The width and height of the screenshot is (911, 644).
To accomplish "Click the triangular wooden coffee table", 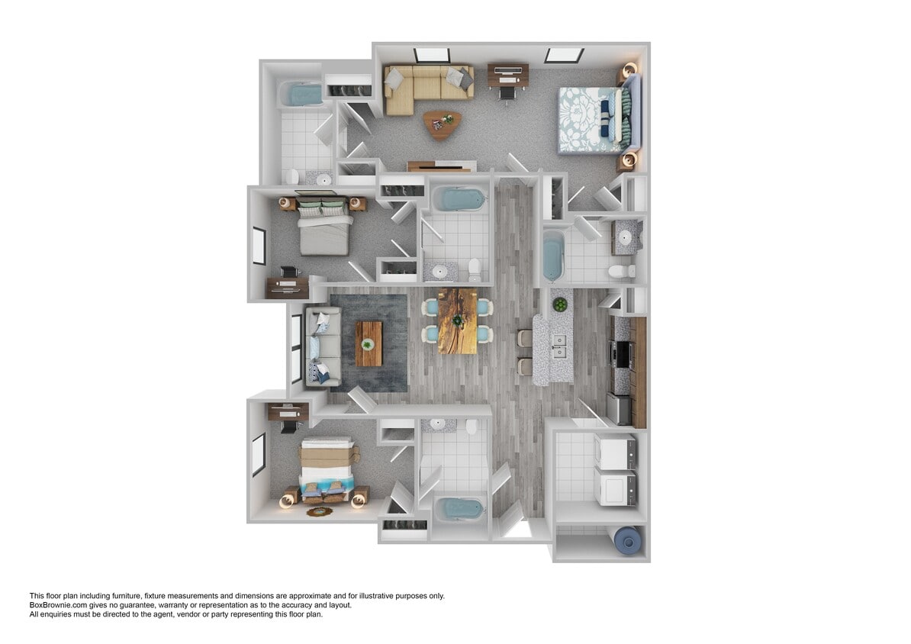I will [x=442, y=123].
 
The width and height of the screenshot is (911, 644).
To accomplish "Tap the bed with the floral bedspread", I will [x=594, y=119].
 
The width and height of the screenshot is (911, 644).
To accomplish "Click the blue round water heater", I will [x=629, y=541].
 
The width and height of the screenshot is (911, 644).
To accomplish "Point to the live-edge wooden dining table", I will [x=457, y=320].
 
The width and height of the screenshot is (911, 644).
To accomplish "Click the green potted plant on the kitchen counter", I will [x=561, y=304].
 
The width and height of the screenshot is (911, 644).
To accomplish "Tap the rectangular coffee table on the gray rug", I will [x=369, y=343].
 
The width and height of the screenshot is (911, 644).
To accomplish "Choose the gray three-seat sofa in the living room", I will [x=322, y=346].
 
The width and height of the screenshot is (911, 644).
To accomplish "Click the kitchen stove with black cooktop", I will [x=620, y=355].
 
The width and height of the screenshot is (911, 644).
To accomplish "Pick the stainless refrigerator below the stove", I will [x=620, y=408].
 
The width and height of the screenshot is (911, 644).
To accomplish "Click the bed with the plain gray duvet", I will [x=324, y=227].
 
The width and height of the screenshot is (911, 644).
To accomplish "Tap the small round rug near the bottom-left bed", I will [x=319, y=511].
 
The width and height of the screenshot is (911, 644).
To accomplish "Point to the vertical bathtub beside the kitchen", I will [x=553, y=256].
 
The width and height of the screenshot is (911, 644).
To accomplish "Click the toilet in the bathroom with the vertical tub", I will [x=621, y=271].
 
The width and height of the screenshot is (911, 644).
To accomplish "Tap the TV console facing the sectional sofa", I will [x=441, y=166].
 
